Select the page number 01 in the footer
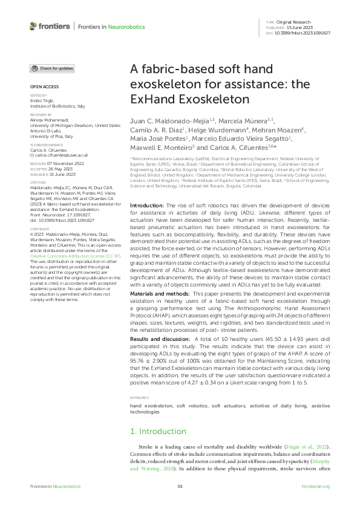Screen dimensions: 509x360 coord(180,487)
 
